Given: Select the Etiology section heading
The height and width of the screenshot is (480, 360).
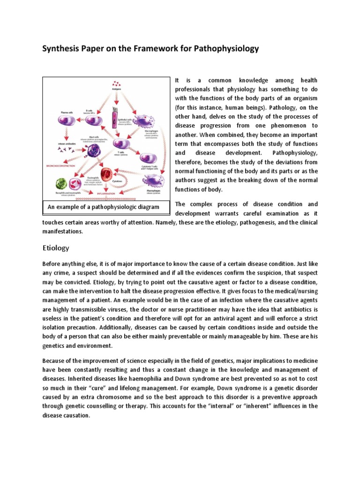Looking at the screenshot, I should (x=56, y=247).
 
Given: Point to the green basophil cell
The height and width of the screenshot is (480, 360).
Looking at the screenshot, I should (x=62, y=184).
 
